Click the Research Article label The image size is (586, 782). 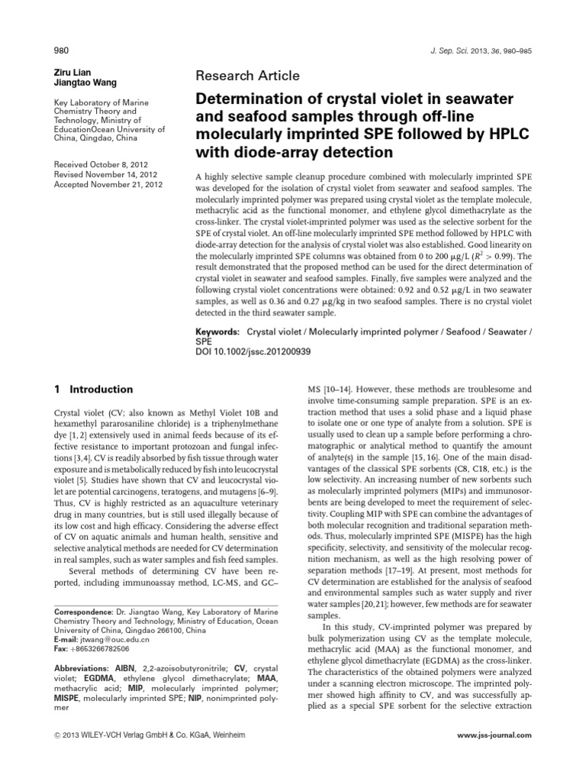tap(248, 76)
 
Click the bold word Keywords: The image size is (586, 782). tap(217, 334)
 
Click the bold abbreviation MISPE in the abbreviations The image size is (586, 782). tap(71, 698)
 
